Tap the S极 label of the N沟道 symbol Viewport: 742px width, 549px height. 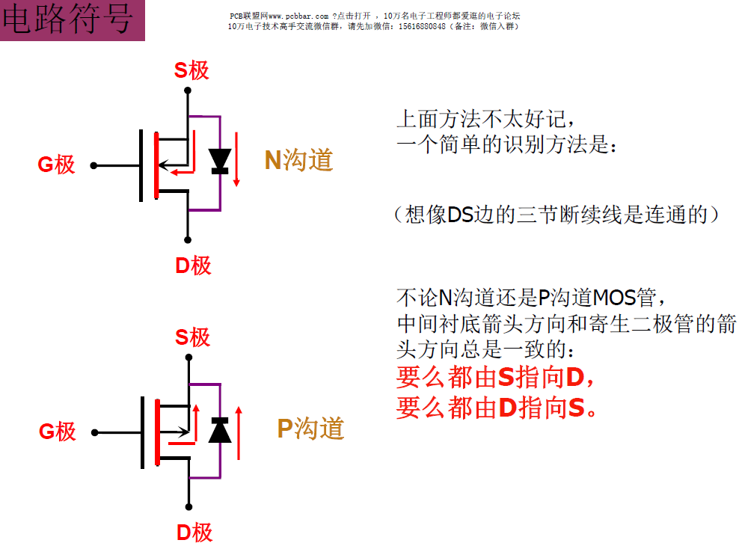191,70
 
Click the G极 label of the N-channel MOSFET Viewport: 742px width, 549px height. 57,165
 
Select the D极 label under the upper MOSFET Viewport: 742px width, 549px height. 193,265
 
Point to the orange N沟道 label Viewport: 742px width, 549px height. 298,159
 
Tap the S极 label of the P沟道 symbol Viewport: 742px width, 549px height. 192,337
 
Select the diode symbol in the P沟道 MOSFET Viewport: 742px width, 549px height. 220,430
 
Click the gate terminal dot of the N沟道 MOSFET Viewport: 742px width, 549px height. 93,165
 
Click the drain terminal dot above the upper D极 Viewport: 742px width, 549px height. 188,240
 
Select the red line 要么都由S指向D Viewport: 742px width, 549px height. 495,378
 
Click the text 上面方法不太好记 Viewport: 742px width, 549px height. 486,119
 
